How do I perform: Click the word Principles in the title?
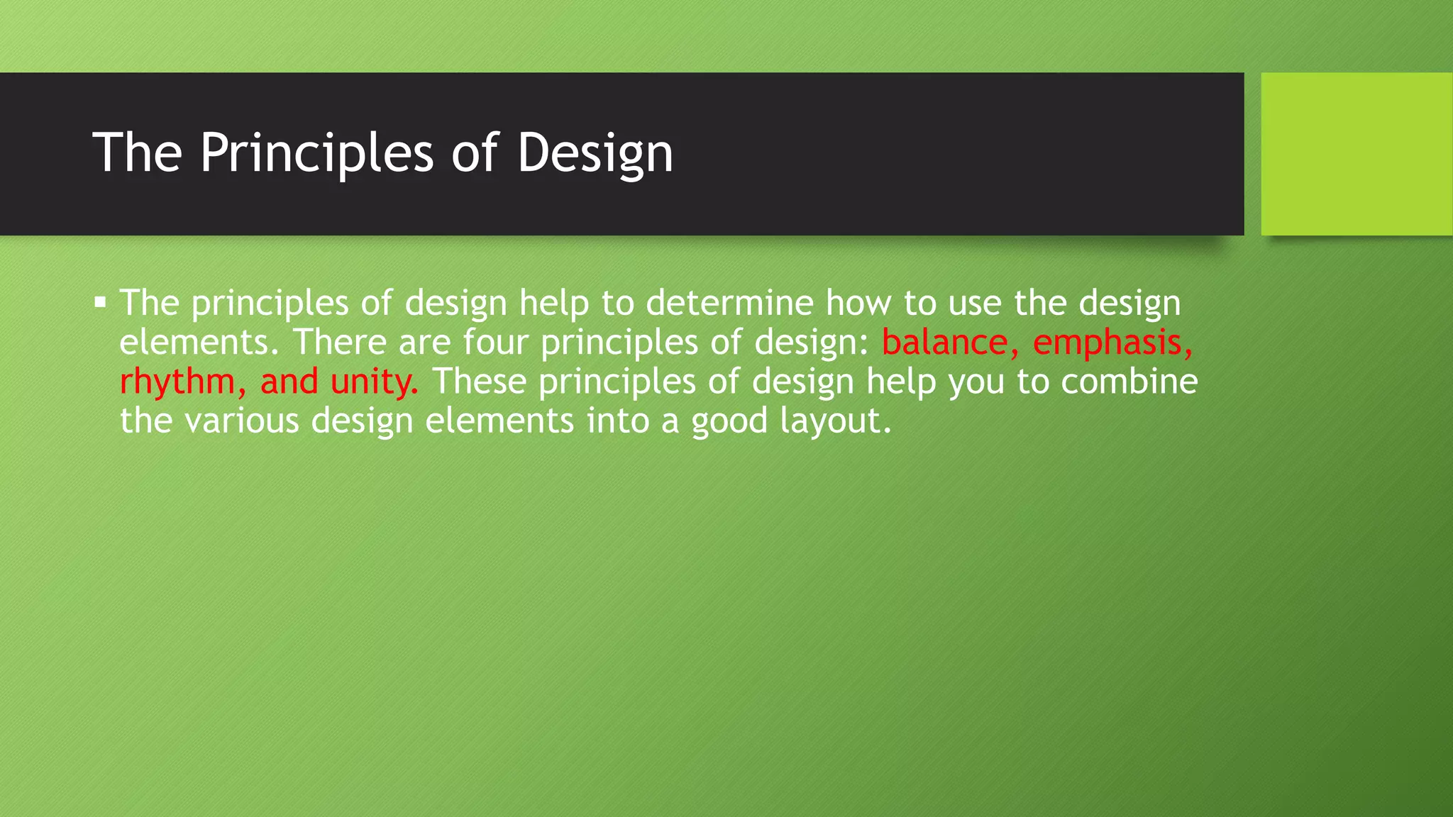point(316,153)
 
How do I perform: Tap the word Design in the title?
point(595,153)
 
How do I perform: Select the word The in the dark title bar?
point(138,153)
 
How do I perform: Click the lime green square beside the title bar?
point(1356,154)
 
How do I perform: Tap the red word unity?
point(374,382)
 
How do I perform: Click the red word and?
point(289,382)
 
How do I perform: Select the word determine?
point(729,304)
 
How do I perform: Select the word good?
point(729,421)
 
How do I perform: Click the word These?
point(479,382)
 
